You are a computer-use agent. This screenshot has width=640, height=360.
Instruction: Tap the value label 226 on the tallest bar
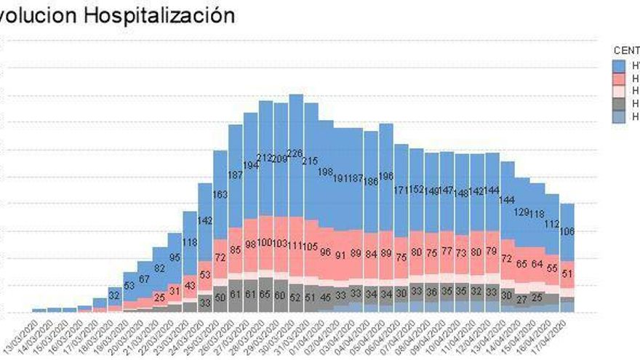pyautogui.click(x=296, y=153)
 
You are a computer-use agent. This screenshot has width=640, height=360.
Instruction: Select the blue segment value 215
pyautogui.click(x=311, y=161)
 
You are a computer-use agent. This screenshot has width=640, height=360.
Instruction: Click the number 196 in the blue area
pyautogui.click(x=387, y=175)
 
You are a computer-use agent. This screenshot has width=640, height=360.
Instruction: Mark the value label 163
pyautogui.click(x=221, y=194)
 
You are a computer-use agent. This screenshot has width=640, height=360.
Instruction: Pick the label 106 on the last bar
pyautogui.click(x=568, y=231)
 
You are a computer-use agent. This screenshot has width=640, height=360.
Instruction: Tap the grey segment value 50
pyautogui.click(x=221, y=297)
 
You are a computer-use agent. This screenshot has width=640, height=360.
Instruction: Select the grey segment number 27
pyautogui.click(x=521, y=299)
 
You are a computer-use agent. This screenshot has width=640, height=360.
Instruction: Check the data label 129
pyautogui.click(x=522, y=212)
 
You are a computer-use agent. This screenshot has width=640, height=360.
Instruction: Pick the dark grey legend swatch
pyautogui.click(x=619, y=103)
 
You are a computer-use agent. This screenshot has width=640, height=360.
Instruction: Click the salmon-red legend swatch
pyautogui.click(x=619, y=78)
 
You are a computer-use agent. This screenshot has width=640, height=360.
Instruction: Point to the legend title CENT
pyautogui.click(x=626, y=51)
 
